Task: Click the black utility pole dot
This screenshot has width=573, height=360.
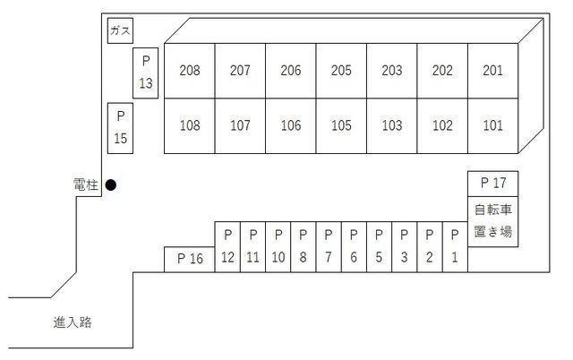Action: (x=111, y=185)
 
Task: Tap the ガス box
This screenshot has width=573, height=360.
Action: (x=120, y=30)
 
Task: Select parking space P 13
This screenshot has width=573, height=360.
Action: (x=145, y=73)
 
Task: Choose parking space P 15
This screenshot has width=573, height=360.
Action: (x=120, y=128)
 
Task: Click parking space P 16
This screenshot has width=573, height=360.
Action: (x=189, y=260)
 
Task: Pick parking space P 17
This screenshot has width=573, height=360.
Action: (x=493, y=184)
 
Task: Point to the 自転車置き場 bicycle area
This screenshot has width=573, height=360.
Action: (x=493, y=221)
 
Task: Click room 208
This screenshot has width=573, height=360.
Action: (x=190, y=71)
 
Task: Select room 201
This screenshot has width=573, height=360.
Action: (x=493, y=71)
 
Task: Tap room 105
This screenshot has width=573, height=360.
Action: (x=341, y=125)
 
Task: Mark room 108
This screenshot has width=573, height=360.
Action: (x=190, y=125)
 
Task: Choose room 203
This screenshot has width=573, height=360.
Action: (x=392, y=71)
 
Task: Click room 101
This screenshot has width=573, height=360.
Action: (x=493, y=125)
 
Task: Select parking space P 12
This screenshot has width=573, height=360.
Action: (x=227, y=246)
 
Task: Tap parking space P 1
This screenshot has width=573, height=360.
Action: (x=455, y=246)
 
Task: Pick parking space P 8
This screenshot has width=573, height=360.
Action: (x=304, y=246)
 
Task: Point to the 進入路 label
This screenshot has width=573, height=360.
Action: (x=73, y=322)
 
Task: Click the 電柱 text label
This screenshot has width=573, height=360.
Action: (x=86, y=184)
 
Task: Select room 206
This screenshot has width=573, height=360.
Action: (x=291, y=71)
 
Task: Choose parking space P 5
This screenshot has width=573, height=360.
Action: (x=379, y=246)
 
